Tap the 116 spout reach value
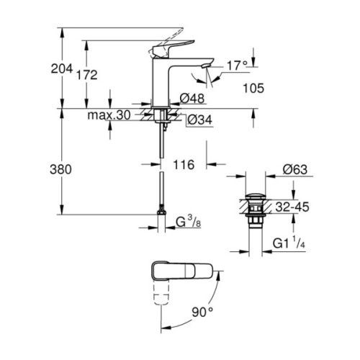click(x=184, y=166)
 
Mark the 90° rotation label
click(x=202, y=312)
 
